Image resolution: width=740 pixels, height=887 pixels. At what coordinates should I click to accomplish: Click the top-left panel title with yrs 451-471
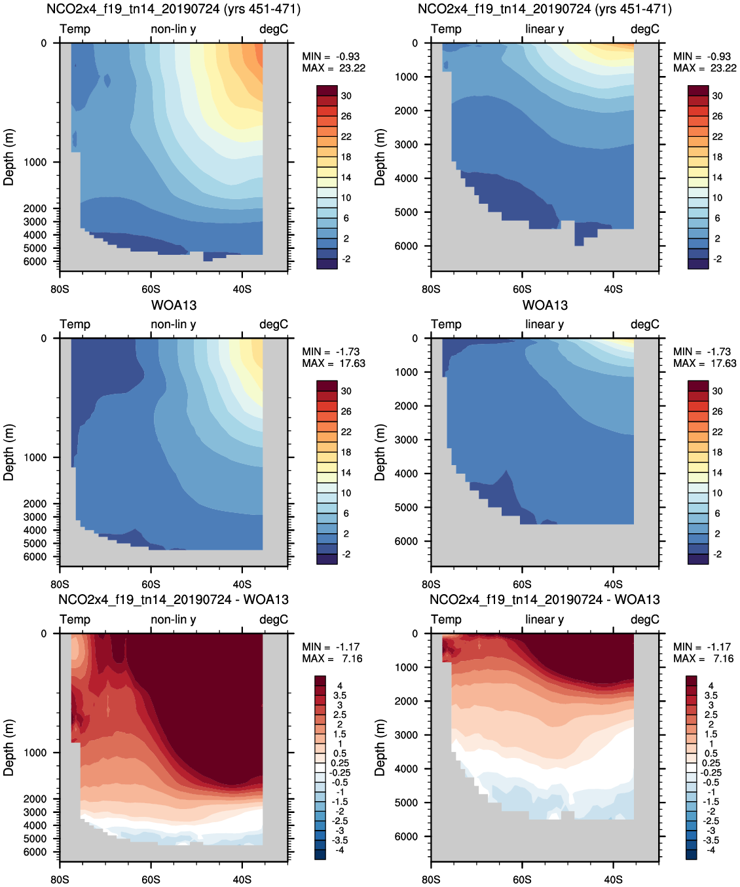[x=174, y=9]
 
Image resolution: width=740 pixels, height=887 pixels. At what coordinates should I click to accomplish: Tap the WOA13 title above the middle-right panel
[x=545, y=305]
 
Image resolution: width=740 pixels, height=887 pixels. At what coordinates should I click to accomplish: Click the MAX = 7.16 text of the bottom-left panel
[x=332, y=658]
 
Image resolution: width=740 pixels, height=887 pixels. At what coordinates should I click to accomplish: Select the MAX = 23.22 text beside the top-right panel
[x=705, y=68]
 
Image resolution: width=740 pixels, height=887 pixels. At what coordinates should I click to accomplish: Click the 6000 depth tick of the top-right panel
[x=406, y=246]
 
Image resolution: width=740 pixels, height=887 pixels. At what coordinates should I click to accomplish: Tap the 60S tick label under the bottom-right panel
[x=522, y=879]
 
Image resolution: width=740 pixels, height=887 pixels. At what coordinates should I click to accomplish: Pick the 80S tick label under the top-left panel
[x=60, y=289]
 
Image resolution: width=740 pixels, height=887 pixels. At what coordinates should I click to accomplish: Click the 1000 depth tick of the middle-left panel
[x=35, y=457]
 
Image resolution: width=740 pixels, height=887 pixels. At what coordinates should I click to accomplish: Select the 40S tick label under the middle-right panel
[x=613, y=584]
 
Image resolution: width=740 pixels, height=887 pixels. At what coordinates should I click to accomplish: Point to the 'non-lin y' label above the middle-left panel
[x=174, y=324]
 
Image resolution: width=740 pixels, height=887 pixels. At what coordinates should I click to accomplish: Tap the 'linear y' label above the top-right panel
[x=544, y=29]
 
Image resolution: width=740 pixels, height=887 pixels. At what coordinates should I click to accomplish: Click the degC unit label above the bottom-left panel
[x=274, y=620]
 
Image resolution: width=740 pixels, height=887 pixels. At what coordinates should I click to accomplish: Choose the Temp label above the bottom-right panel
[x=446, y=620]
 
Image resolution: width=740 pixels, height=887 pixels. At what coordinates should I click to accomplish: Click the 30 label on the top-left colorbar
[x=346, y=96]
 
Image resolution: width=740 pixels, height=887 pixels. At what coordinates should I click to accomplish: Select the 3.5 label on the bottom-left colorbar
[x=340, y=696]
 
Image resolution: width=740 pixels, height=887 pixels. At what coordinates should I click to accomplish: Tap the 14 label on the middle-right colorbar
[x=717, y=472]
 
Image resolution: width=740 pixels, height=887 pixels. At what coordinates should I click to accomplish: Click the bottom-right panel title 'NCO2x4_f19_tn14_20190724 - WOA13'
[x=545, y=599]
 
